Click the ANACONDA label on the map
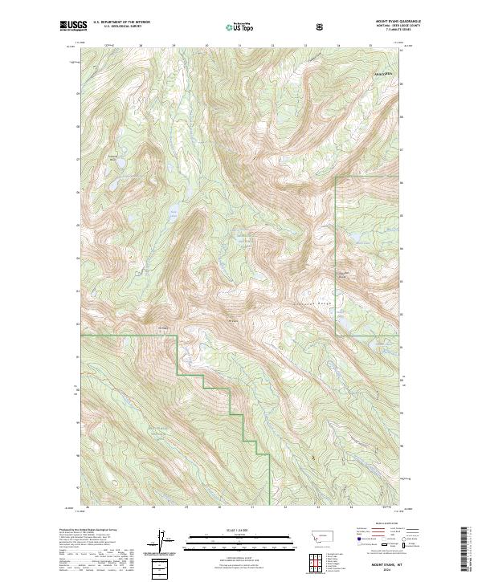384,73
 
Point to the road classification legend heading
374,529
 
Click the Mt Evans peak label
233,322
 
